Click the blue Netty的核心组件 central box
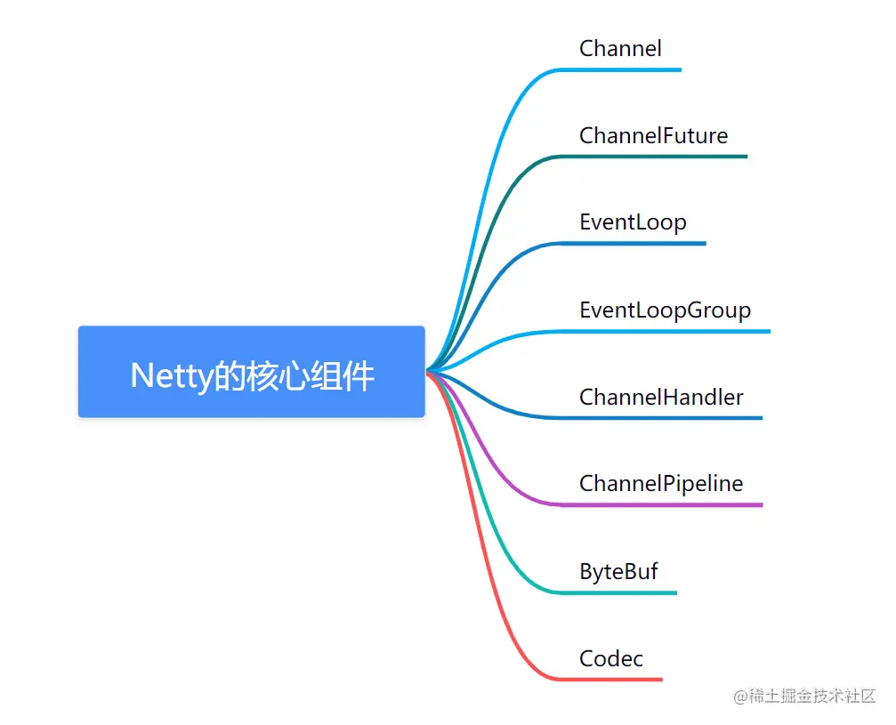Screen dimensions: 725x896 tap(252, 372)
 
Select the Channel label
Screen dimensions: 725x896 tap(620, 48)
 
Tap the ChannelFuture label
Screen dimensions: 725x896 tap(653, 135)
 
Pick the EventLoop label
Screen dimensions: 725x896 tap(633, 222)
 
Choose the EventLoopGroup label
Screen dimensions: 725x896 tap(665, 310)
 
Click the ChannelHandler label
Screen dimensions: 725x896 tap(661, 397)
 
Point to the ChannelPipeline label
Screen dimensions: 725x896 tap(661, 484)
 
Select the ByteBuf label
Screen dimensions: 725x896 tap(618, 571)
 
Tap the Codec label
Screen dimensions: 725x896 tap(610, 659)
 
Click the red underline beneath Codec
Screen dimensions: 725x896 tap(614, 680)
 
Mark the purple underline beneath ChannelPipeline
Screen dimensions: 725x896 tap(663, 505)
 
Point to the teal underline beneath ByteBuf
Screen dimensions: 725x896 tap(623, 592)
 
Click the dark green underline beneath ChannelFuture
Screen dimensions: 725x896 tap(658, 157)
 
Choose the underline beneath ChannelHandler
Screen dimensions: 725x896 tap(667, 417)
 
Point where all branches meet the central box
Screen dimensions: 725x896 tap(428, 371)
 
